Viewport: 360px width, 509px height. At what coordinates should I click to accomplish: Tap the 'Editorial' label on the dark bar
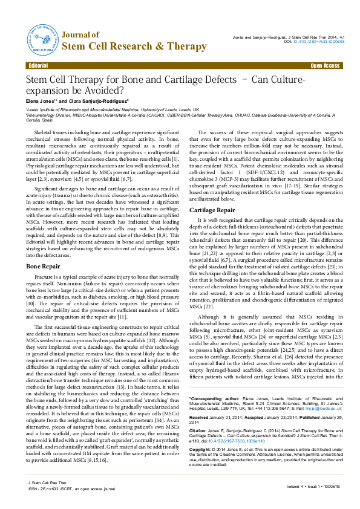(39, 65)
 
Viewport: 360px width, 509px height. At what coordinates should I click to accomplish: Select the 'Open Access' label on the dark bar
(325, 65)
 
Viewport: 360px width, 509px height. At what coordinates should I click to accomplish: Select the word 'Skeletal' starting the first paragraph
(45, 131)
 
